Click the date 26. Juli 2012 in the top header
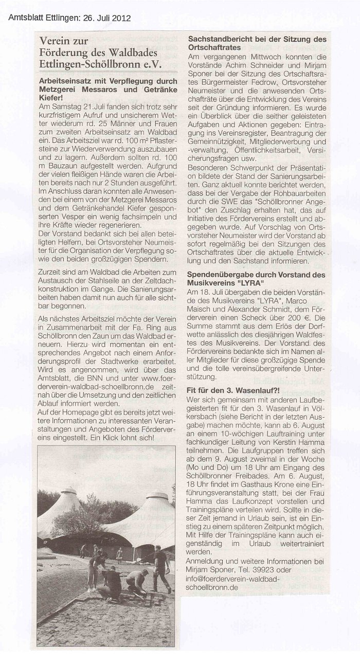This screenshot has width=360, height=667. click(106, 18)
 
